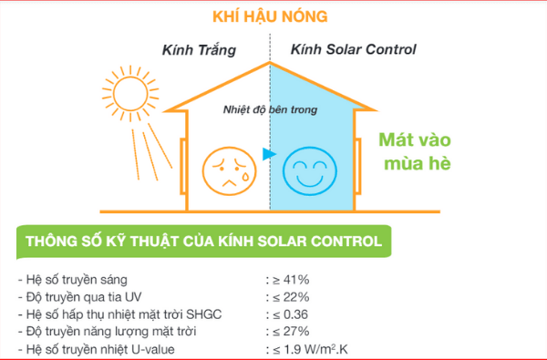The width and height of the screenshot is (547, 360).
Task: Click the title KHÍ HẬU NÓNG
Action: [270, 16]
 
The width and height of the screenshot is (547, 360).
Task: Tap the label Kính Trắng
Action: [199, 50]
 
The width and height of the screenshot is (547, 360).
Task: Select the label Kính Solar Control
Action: [354, 49]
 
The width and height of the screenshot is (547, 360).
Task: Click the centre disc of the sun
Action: [130, 94]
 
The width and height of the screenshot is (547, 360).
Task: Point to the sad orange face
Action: [229, 170]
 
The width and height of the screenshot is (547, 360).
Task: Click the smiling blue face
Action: [309, 171]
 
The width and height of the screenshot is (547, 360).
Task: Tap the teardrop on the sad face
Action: [245, 176]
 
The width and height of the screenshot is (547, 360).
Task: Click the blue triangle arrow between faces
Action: [269, 154]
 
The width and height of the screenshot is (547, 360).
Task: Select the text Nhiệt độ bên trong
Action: [271, 110]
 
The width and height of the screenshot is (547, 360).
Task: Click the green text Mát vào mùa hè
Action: [415, 151]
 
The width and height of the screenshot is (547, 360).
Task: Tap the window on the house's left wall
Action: [183, 166]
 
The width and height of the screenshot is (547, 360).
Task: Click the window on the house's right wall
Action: [357, 166]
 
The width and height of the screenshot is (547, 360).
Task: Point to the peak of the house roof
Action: [270, 62]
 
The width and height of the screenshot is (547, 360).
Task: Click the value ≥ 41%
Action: [291, 280]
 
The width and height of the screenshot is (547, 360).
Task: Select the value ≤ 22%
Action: [291, 297]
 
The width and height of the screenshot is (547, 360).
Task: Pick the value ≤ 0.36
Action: [290, 314]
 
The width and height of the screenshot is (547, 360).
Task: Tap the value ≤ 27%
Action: [291, 332]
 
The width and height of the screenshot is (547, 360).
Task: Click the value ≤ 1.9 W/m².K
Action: [310, 349]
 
